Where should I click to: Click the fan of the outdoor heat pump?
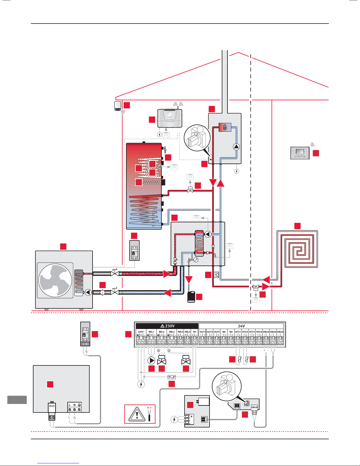[x=55, y=280]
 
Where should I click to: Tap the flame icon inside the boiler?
[x=225, y=127]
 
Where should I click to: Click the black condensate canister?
[x=191, y=297]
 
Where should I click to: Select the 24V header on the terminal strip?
[x=241, y=326]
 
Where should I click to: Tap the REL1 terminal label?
[x=151, y=332]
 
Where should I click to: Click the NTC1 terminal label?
[x=238, y=332]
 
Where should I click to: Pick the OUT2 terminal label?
[x=210, y=332]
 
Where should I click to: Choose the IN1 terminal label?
[x=195, y=332]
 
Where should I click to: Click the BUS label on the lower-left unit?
[x=52, y=406]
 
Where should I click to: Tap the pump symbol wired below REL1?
[x=151, y=360]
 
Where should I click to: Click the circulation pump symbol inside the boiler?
[x=237, y=146]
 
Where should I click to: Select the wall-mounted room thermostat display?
[x=300, y=153]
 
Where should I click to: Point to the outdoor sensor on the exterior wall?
[x=118, y=106]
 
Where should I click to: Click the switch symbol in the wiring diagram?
[x=172, y=377]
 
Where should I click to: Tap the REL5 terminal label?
[x=187, y=332]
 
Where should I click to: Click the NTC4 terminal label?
[x=259, y=332]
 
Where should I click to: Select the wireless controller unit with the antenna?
[x=170, y=118]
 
